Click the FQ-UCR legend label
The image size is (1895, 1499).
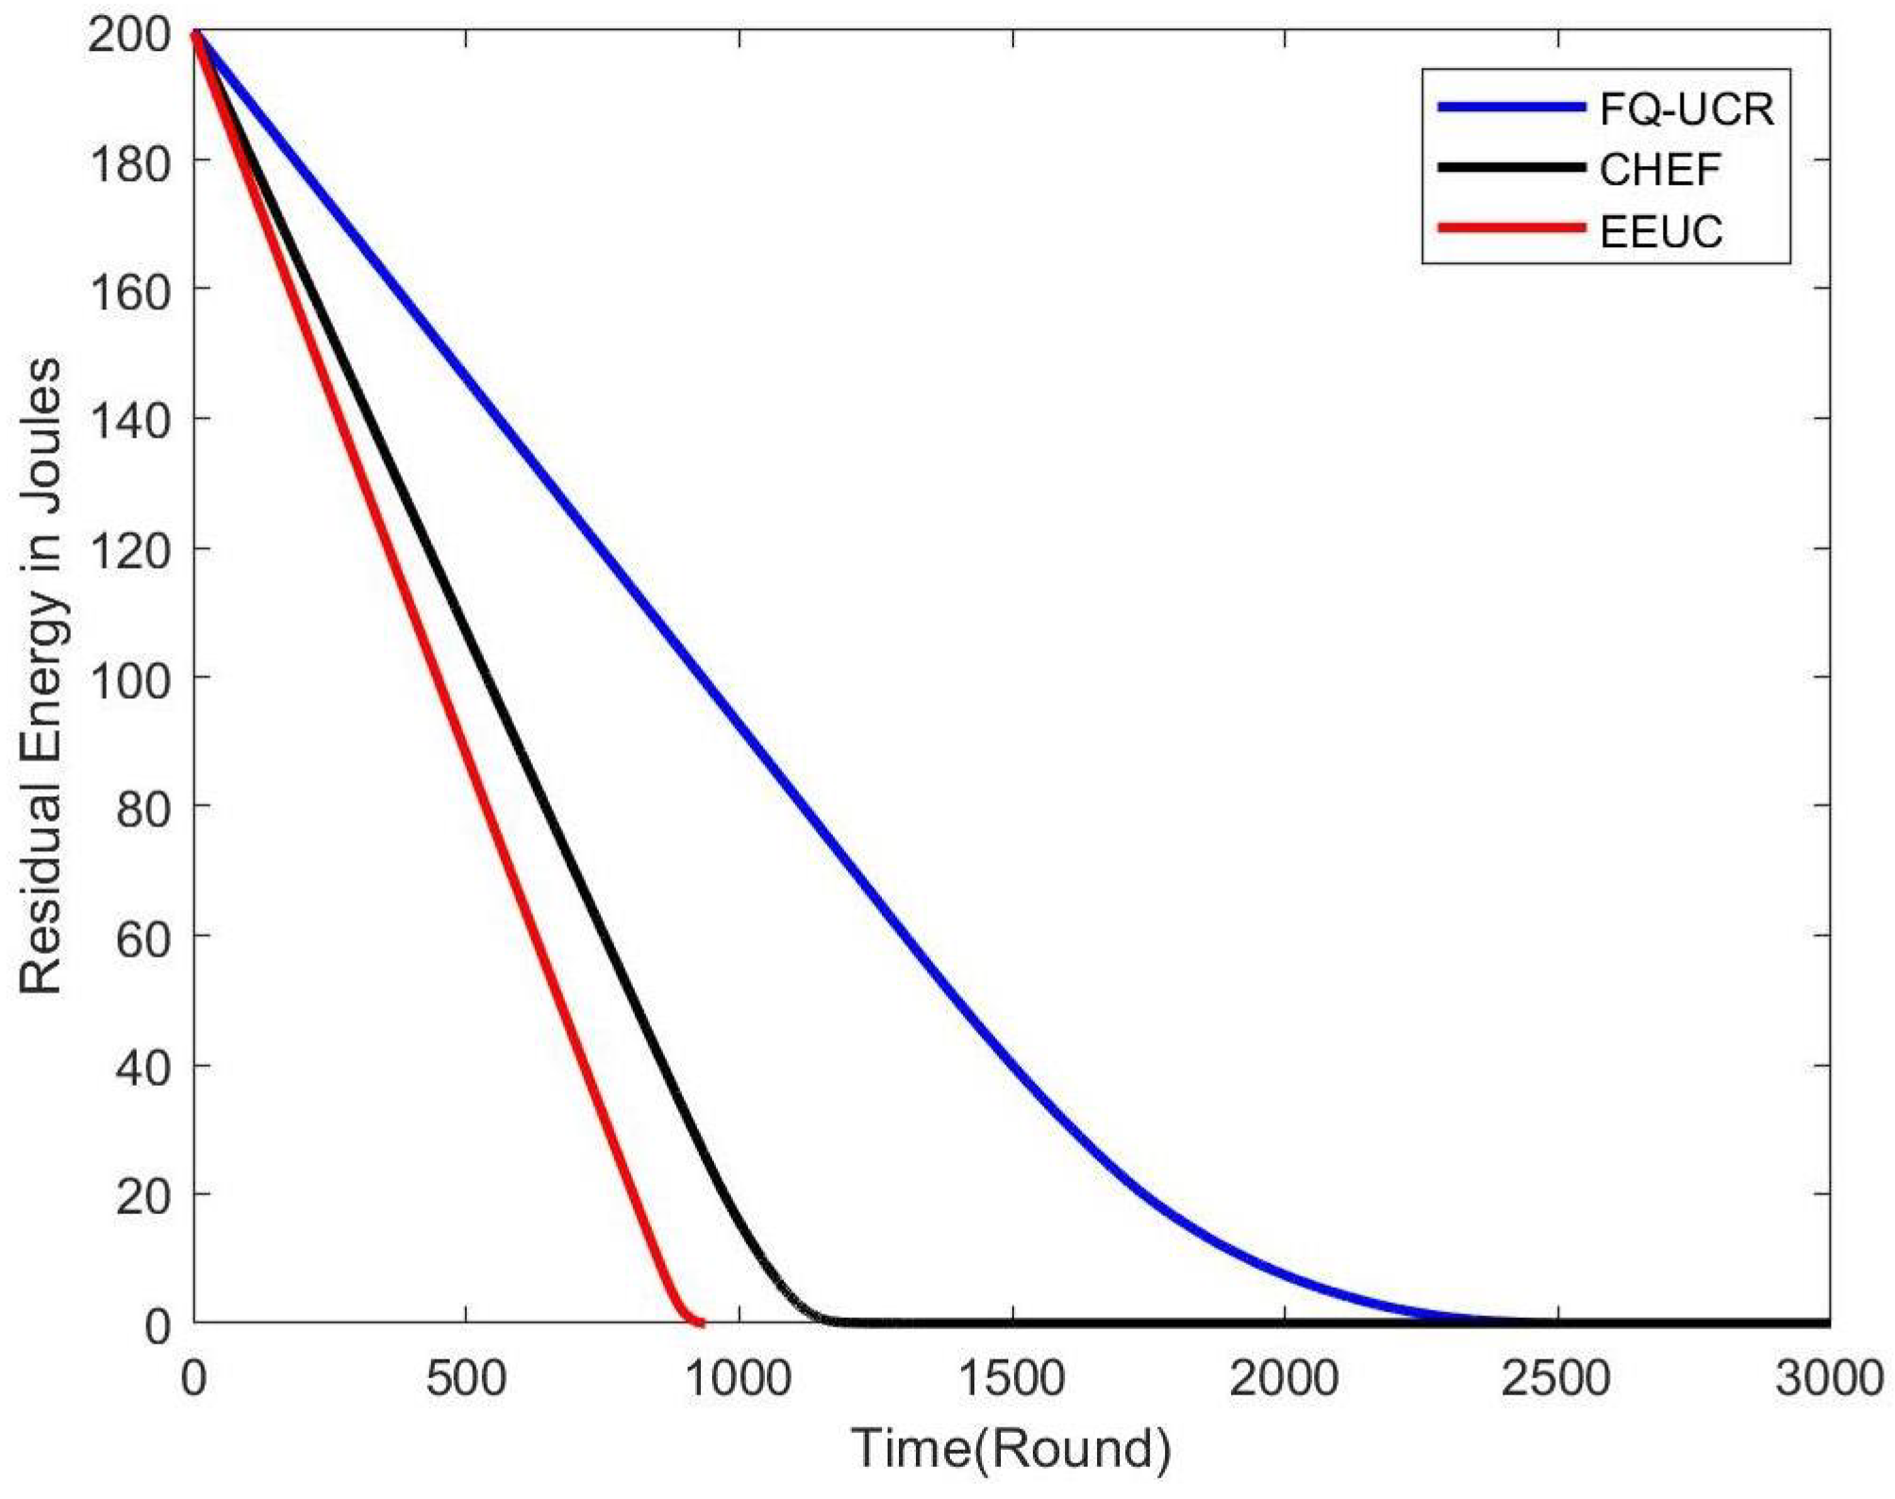coord(1686,109)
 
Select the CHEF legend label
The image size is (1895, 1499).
coord(1660,170)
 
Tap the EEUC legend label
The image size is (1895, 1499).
coord(1661,231)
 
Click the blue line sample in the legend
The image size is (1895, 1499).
coord(1511,108)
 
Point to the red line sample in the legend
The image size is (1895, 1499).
coord(1511,228)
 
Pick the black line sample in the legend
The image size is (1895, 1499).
coord(1511,168)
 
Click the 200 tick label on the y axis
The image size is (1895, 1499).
coord(130,37)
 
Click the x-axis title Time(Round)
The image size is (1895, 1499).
coord(1011,1448)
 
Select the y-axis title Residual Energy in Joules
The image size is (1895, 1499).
coord(42,675)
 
